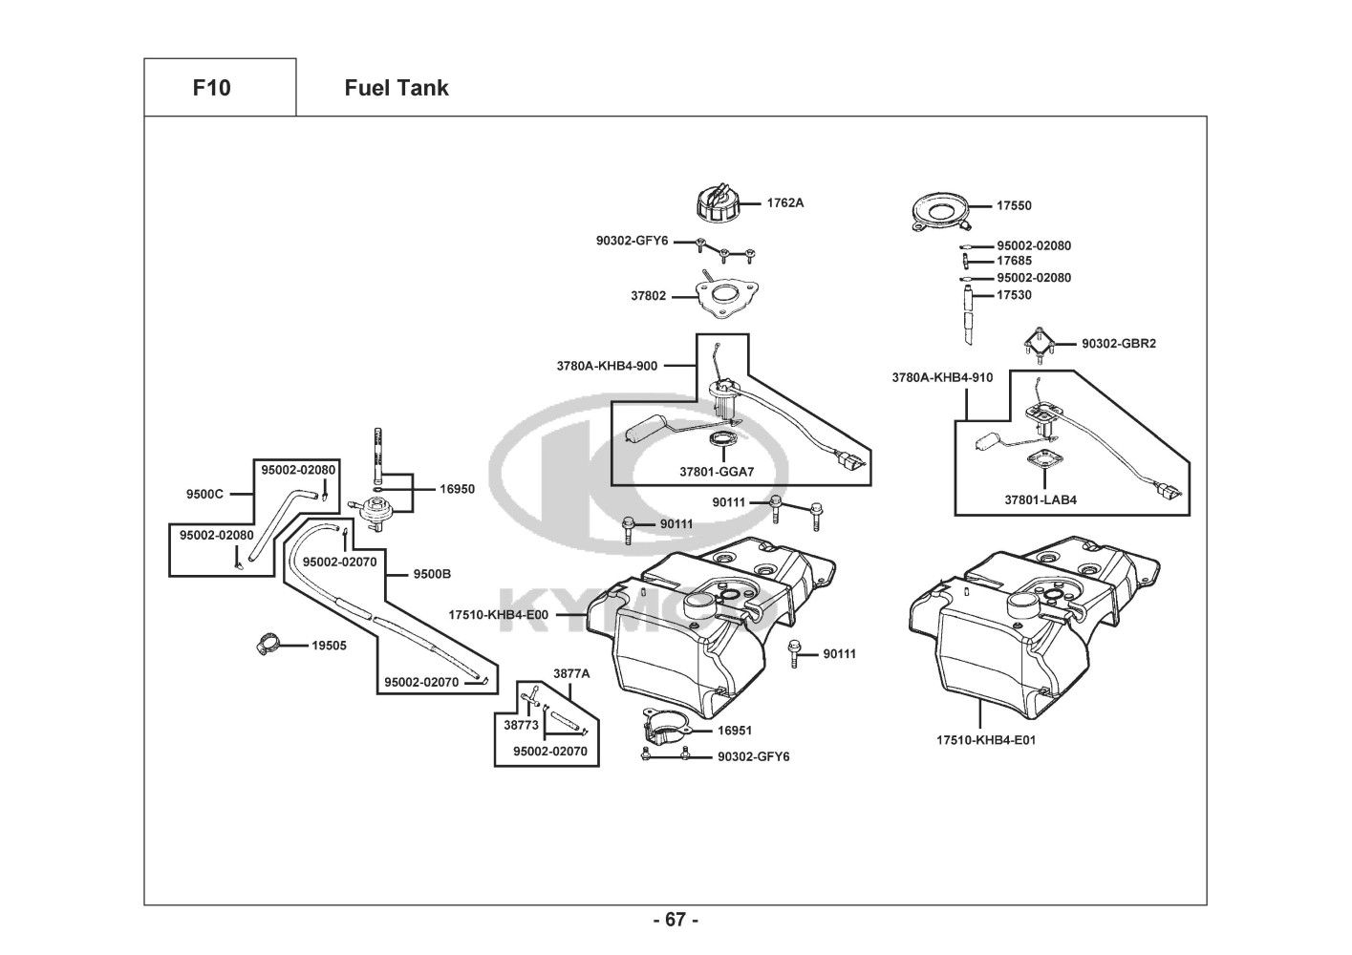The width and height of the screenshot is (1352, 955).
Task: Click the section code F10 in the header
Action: [211, 88]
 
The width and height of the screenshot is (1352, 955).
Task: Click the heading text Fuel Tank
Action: [396, 88]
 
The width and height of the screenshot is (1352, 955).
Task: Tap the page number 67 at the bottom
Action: [676, 920]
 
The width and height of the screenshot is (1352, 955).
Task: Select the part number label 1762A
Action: [785, 202]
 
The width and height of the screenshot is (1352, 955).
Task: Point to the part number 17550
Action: [1014, 205]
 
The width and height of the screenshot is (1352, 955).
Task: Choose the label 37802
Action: [648, 296]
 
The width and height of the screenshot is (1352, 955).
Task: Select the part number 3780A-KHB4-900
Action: [607, 365]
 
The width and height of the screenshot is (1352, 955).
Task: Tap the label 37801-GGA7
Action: [717, 472]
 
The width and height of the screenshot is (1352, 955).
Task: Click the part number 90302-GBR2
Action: [1119, 343]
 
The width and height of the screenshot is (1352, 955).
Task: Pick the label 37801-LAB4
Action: [1041, 499]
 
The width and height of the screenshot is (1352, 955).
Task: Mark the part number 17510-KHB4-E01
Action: [986, 739]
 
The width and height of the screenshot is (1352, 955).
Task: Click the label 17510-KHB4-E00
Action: [499, 615]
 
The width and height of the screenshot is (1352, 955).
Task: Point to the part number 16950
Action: [457, 489]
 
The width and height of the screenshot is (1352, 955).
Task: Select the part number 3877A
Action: [571, 673]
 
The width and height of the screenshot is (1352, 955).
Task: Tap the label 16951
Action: [735, 731]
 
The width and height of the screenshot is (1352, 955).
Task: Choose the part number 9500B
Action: [432, 575]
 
